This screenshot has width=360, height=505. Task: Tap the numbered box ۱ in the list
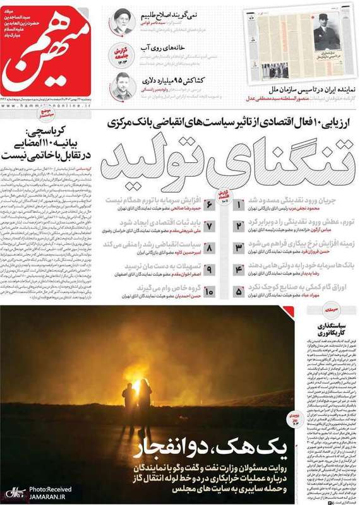[x=240, y=205]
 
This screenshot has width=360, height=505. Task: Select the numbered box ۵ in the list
[x=239, y=292]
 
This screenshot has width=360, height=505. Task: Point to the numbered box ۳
[x=239, y=248]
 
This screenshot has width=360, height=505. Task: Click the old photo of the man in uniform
[x=329, y=38]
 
